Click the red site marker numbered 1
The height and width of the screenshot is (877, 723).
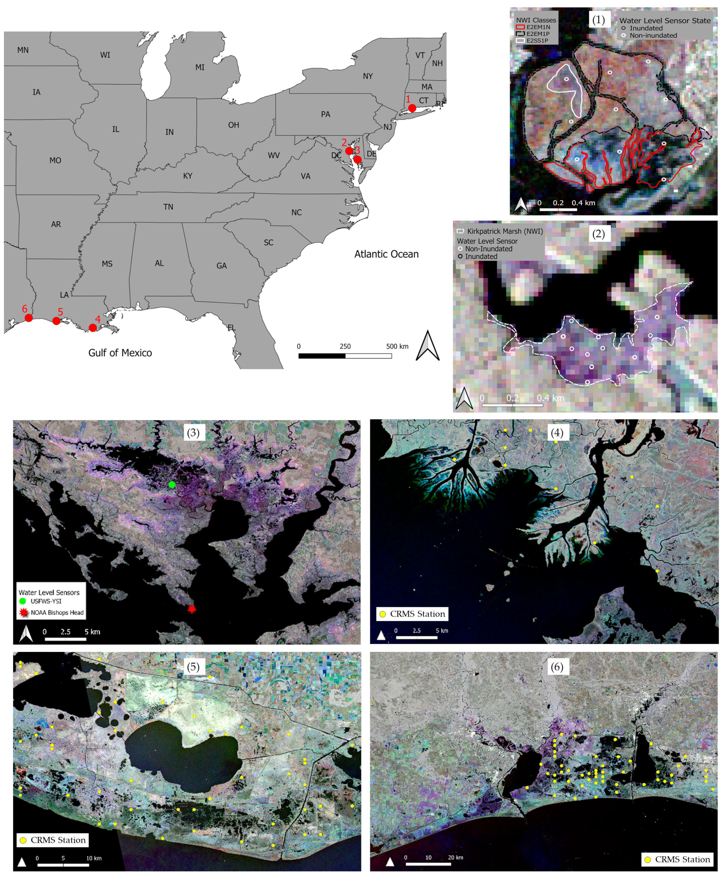point(412,108)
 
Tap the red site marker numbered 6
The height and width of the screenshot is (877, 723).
point(28,318)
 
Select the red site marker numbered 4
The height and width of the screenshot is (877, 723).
point(93,328)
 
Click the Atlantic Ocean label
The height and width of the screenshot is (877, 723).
point(386,254)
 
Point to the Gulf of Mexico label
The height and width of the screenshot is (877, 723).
point(120,353)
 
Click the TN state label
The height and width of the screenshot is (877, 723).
point(168,207)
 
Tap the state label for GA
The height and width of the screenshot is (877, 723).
point(221,266)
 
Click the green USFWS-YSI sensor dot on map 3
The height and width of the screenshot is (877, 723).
point(172,484)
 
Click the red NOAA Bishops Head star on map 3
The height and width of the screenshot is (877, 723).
point(191,609)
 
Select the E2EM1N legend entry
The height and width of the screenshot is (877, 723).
point(538,27)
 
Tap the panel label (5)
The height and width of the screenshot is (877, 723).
point(193,667)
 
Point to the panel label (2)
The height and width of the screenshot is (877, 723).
point(598,234)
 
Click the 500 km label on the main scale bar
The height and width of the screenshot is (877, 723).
point(397,346)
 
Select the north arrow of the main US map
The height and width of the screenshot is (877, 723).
point(428,345)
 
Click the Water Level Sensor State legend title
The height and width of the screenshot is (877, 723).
point(665,20)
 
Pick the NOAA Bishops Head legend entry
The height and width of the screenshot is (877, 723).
point(57,613)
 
